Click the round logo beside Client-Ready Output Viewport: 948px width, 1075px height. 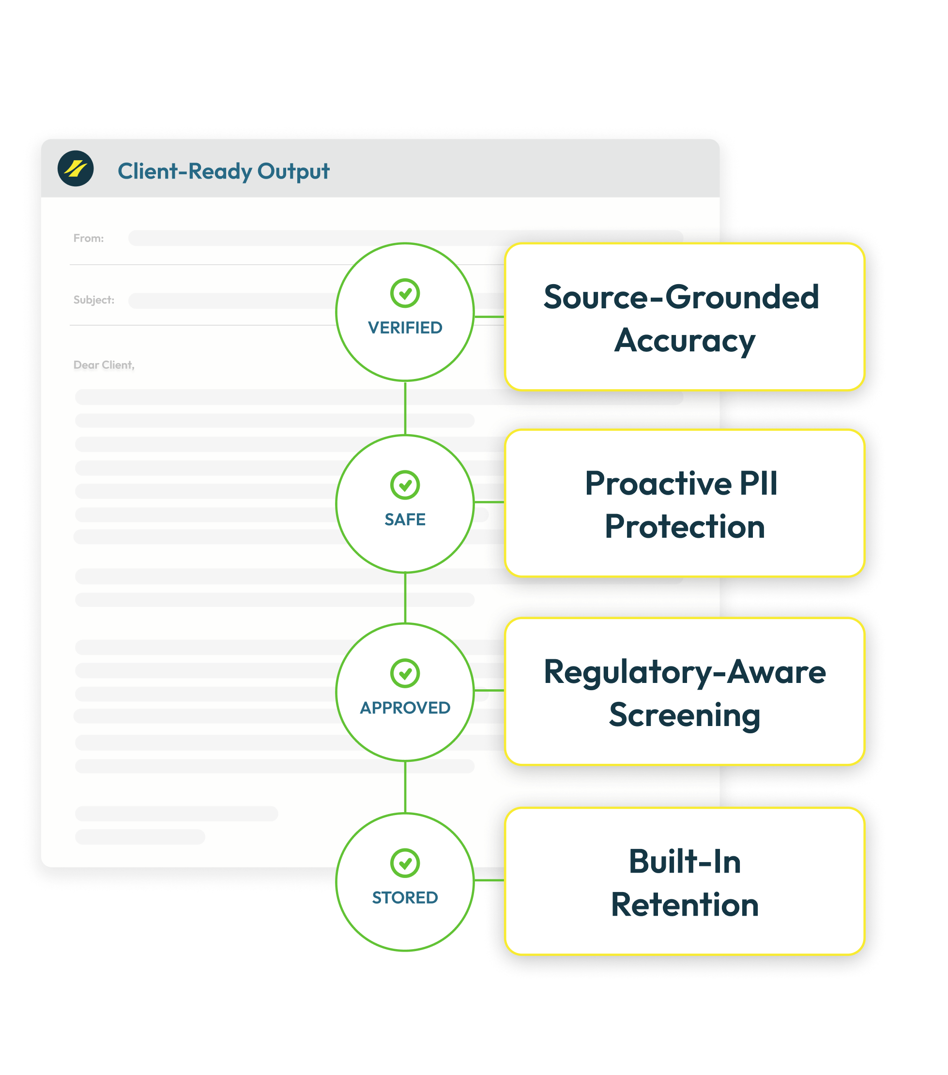76,168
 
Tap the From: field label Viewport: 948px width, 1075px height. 89,238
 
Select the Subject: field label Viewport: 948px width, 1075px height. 93,300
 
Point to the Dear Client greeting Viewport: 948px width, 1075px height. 104,365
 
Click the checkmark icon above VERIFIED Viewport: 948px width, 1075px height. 405,293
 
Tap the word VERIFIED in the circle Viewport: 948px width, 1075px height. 405,328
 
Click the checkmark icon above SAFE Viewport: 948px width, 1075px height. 405,485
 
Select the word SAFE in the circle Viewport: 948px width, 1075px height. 405,520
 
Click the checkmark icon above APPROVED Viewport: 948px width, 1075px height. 405,673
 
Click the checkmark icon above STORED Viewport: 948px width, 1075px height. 405,863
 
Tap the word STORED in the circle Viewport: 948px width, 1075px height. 405,898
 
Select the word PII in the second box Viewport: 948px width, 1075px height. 758,484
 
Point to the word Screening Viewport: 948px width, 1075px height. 685,716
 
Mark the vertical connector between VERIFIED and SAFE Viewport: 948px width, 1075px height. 405,408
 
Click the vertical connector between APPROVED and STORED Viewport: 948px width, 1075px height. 405,787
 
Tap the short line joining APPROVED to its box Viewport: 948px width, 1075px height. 489,691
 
